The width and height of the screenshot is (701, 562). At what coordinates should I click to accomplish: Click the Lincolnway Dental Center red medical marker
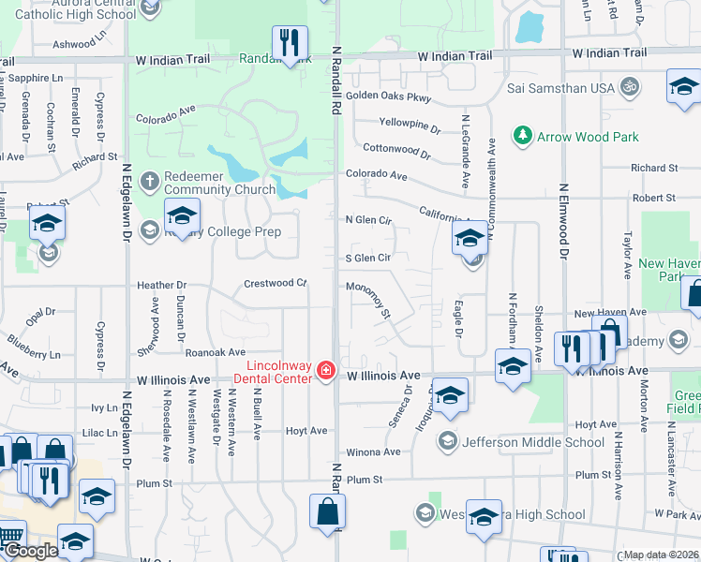[x=326, y=371]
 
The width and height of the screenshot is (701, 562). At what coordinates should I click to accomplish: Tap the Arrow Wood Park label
[x=588, y=137]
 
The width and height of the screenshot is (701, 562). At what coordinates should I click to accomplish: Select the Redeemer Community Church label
[x=211, y=184]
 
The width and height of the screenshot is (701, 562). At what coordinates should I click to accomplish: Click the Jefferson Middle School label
[x=533, y=442]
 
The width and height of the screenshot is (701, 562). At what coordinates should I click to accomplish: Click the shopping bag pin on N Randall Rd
[x=328, y=512]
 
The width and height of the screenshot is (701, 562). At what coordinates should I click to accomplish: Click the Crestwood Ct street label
[x=276, y=283]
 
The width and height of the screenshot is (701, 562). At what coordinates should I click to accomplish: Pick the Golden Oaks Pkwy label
[x=388, y=96]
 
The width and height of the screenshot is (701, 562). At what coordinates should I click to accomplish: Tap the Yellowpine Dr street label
[x=410, y=124]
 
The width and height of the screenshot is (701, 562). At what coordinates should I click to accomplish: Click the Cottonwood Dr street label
[x=396, y=149]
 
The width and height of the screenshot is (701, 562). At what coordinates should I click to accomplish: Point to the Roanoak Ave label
[x=215, y=352]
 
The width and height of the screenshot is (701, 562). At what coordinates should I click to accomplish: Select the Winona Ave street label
[x=373, y=451]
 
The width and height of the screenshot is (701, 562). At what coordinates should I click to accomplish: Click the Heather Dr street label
[x=162, y=285]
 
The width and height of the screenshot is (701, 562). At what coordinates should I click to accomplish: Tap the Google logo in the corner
[x=30, y=551]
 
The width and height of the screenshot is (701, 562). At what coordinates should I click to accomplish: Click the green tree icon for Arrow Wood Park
[x=523, y=136]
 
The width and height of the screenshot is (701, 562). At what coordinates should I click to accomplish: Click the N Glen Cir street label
[x=367, y=220]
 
